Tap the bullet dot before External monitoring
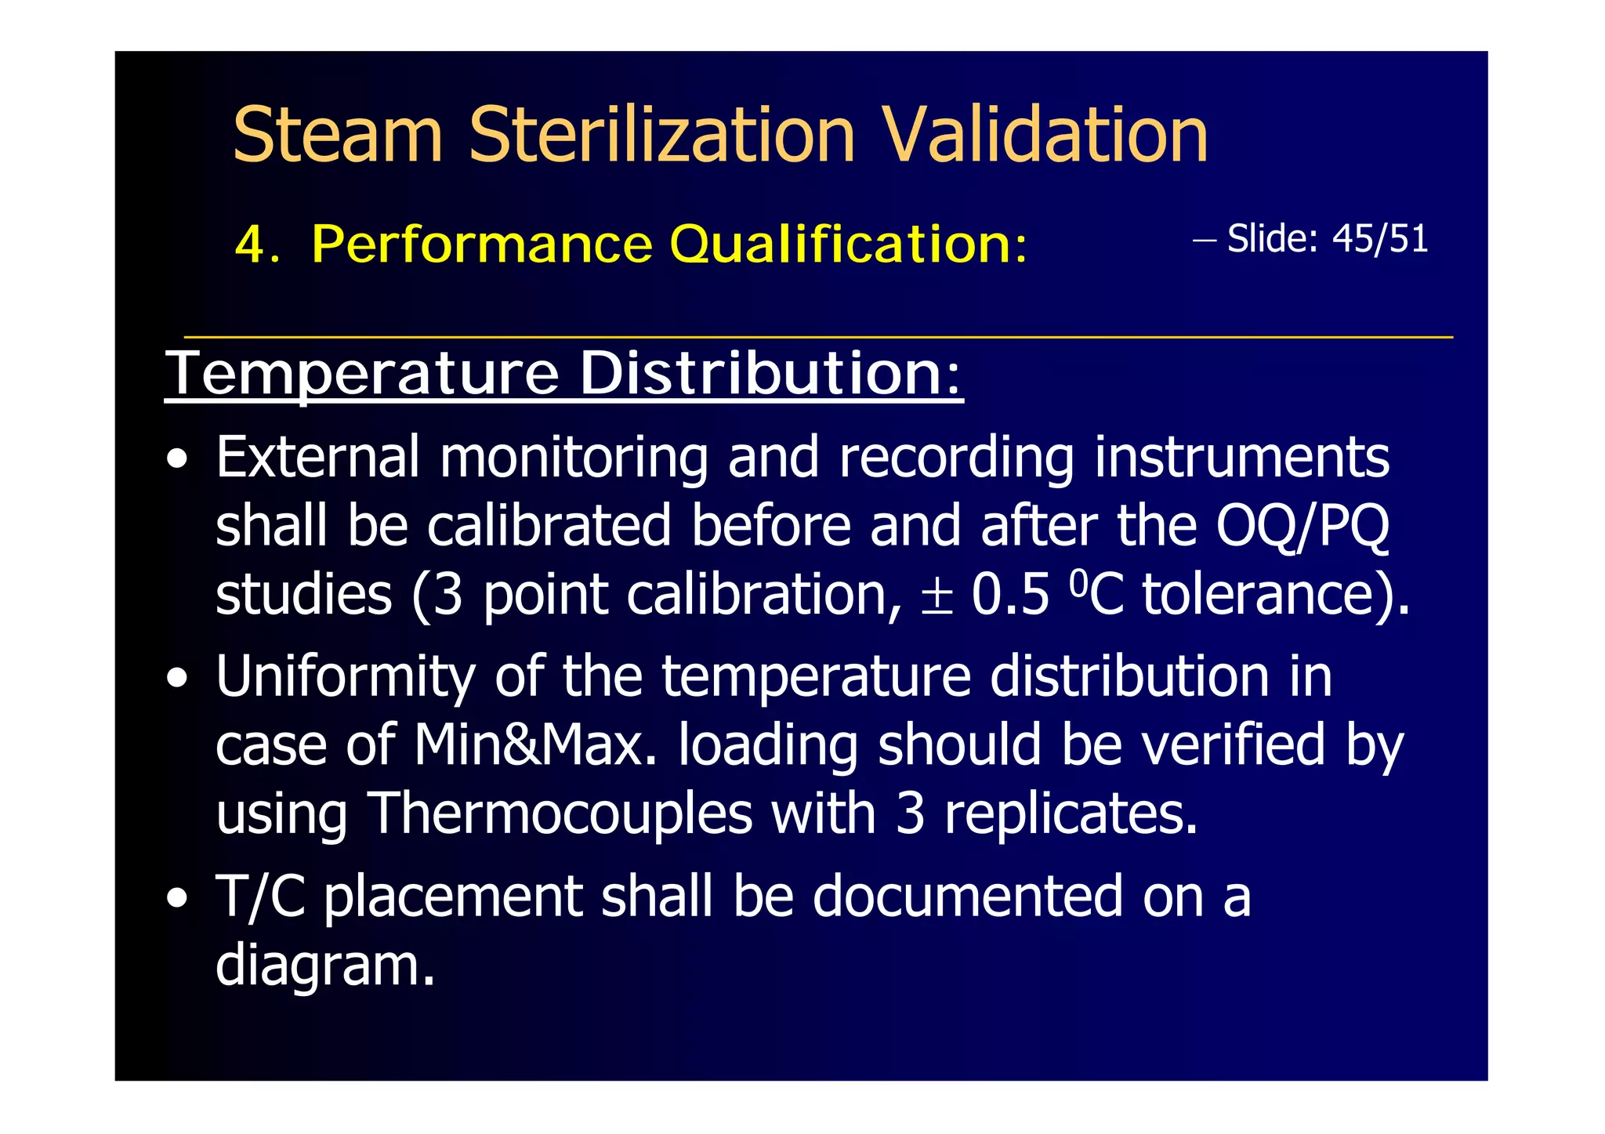coord(177,459)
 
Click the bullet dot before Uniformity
coord(177,679)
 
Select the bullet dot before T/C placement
coord(177,898)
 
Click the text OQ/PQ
coord(1302,526)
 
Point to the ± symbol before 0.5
coord(937,596)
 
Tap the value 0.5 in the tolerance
coord(1010,595)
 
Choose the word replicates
coord(1071,815)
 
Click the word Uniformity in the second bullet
coord(346,679)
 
